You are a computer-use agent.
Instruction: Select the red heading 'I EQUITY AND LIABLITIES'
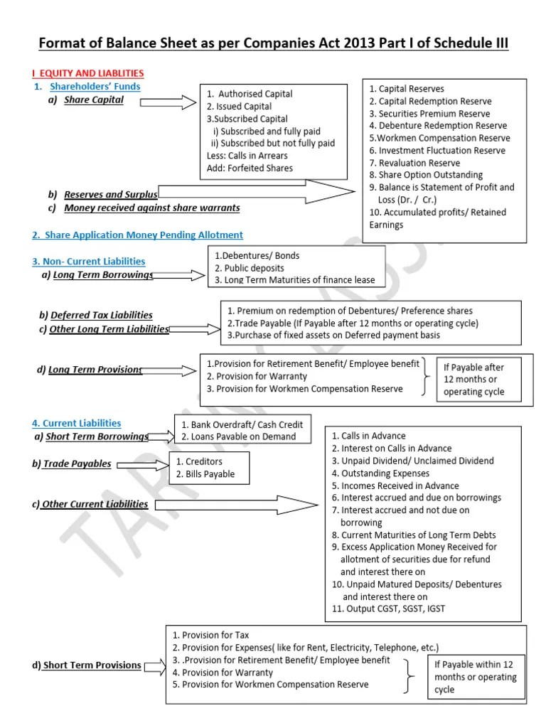click(x=88, y=73)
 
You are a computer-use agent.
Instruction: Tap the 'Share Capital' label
click(x=93, y=100)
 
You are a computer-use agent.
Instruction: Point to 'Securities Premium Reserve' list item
click(x=434, y=114)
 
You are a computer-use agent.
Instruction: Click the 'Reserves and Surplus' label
click(x=110, y=194)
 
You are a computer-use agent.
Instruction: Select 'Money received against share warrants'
click(x=151, y=208)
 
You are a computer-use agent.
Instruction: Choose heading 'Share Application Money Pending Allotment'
click(x=136, y=235)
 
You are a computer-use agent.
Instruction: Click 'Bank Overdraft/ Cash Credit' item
click(x=242, y=424)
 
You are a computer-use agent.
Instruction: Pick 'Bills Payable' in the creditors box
click(x=205, y=474)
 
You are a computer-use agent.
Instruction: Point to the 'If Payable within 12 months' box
click(x=475, y=676)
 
